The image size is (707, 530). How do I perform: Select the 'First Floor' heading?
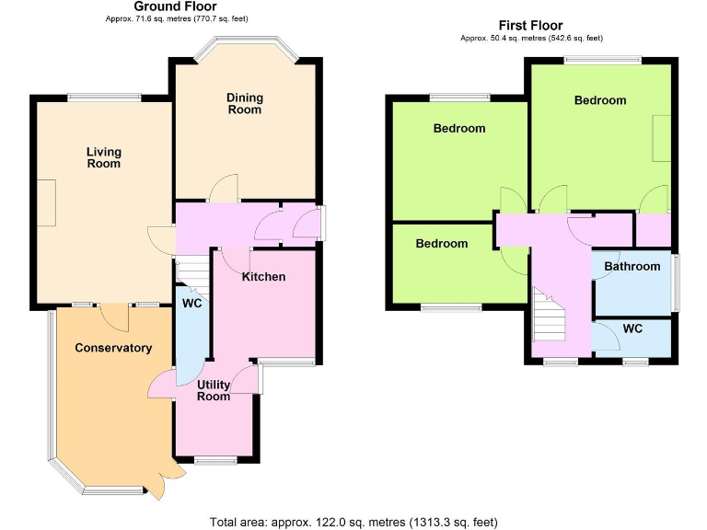[530, 26]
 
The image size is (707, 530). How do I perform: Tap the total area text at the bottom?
[353, 521]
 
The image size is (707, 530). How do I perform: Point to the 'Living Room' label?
[104, 157]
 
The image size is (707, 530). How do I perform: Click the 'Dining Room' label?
[245, 103]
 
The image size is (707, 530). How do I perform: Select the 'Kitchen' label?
[263, 276]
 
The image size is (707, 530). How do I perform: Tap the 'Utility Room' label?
[214, 390]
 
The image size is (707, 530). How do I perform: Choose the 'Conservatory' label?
[113, 348]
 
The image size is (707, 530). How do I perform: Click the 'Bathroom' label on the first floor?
[632, 266]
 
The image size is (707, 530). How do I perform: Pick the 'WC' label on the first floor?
[633, 328]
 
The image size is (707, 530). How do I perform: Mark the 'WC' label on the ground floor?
[191, 303]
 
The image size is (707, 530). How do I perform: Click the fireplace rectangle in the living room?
[46, 202]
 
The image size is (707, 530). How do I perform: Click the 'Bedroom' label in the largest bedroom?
[600, 100]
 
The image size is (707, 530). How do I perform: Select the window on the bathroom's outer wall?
[675, 283]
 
